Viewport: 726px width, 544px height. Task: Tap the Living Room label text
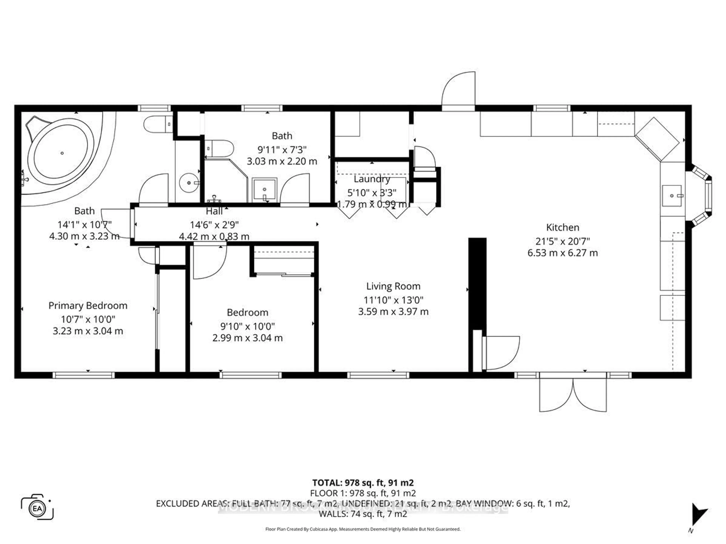[393, 286]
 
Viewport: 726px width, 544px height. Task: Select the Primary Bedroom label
[88, 306]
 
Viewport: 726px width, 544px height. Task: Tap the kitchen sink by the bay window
[672, 196]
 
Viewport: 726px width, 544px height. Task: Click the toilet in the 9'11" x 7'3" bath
[219, 148]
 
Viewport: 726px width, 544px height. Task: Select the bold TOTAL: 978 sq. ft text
[363, 483]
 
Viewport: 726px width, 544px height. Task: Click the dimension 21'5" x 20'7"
[562, 241]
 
